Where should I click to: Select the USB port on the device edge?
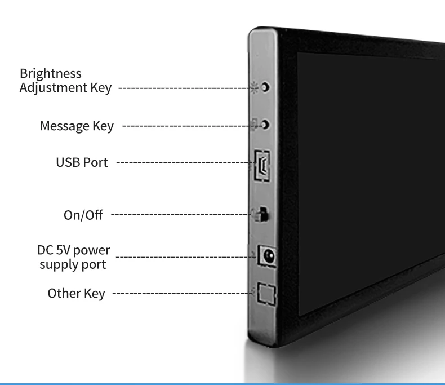[263, 164]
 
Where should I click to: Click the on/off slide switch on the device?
[263, 215]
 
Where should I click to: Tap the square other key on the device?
[265, 294]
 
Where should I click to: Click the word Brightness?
[51, 74]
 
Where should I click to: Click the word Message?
[64, 126]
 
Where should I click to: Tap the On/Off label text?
[82, 215]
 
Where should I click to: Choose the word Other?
[63, 293]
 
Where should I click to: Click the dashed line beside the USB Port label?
[184, 163]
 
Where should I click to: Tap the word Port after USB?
[96, 163]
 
